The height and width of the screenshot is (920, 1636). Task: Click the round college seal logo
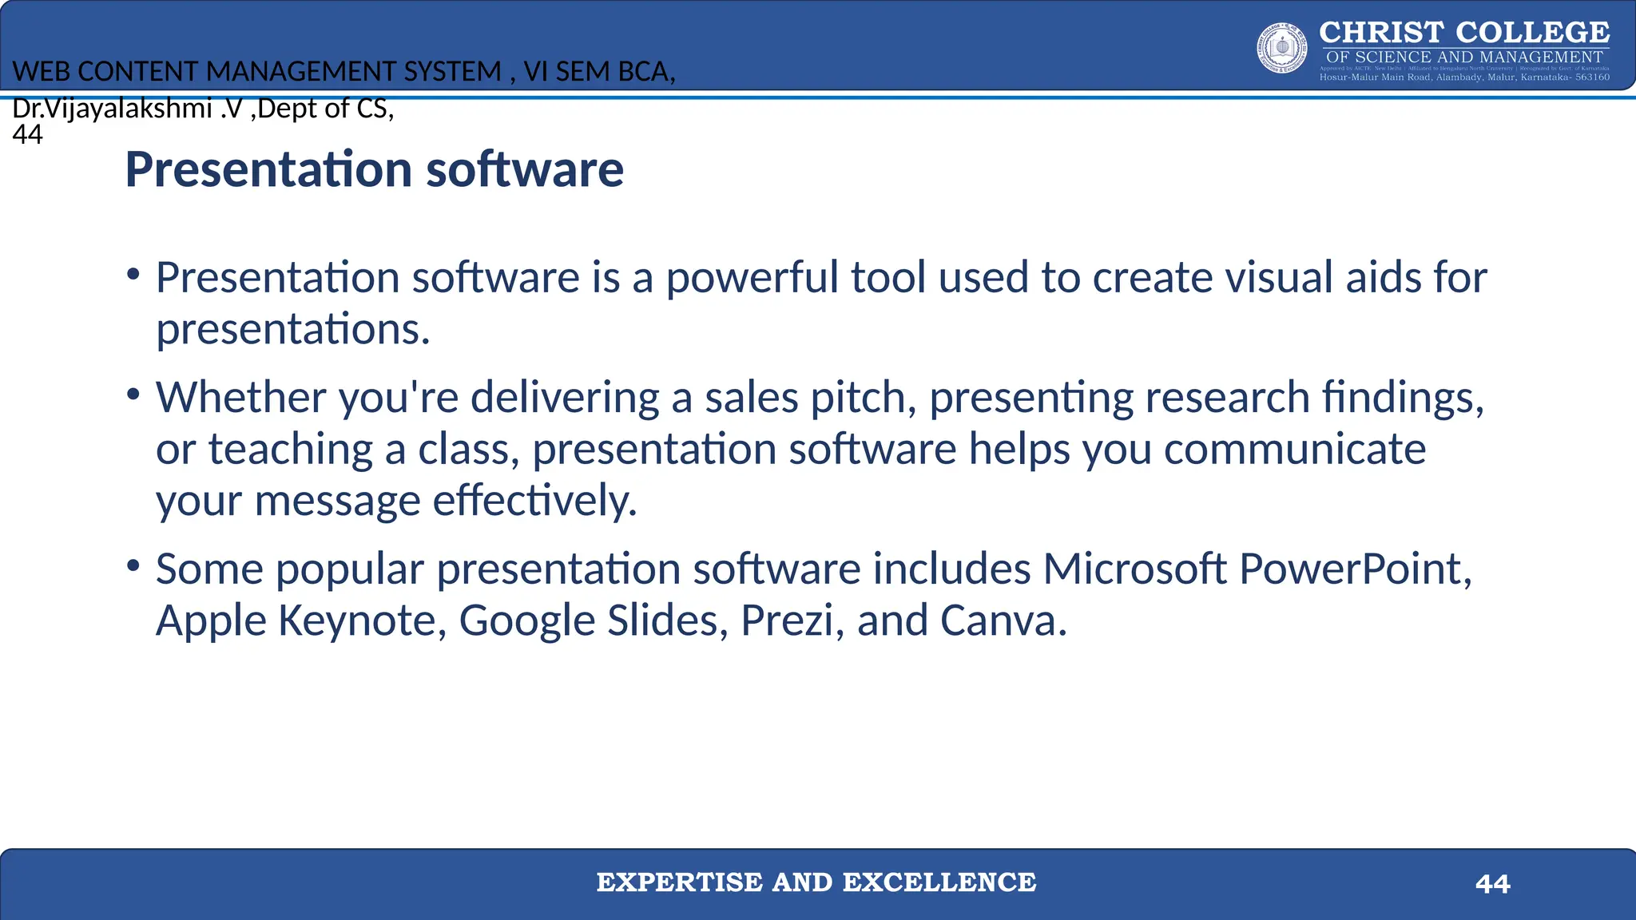1282,48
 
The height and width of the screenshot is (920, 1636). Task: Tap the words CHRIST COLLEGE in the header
1463,33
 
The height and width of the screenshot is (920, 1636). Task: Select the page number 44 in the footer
1492,884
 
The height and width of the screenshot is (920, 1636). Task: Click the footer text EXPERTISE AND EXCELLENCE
816,882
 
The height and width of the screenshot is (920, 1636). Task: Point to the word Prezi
786,621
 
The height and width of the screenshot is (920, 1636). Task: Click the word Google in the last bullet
527,621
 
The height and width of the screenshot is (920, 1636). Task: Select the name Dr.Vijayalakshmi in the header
112,108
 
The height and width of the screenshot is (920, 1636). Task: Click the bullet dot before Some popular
133,566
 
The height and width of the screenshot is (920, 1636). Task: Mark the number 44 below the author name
27,134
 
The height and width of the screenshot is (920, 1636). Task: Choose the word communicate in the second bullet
1294,449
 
